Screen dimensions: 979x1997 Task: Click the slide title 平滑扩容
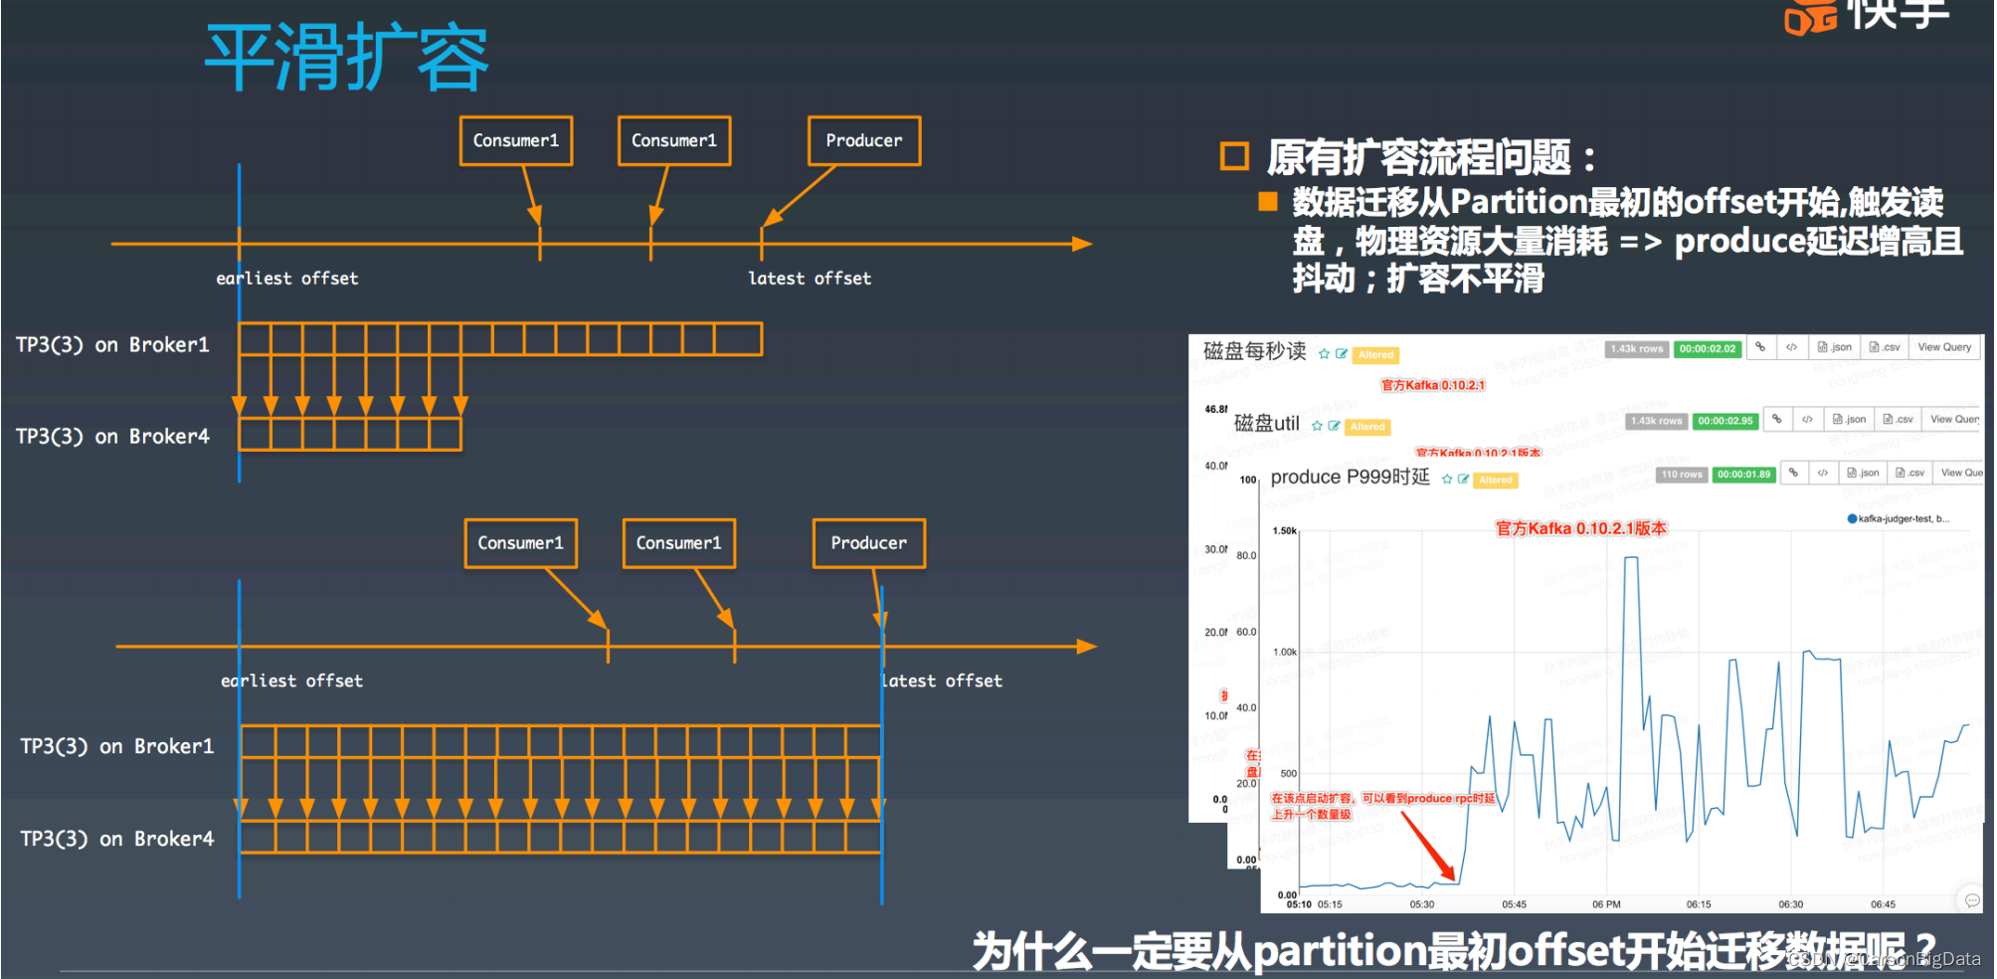tap(346, 58)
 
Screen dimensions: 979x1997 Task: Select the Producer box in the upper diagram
tap(863, 141)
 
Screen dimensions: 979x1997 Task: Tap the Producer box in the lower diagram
tap(868, 543)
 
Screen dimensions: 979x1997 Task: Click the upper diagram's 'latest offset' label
tap(810, 279)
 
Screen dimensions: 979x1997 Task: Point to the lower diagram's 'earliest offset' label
tap(291, 681)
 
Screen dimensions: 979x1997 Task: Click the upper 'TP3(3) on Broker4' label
tap(112, 436)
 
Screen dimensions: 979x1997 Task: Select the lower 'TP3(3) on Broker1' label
tap(117, 746)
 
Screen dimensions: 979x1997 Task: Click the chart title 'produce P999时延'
tap(1350, 478)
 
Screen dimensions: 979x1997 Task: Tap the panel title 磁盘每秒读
tap(1254, 351)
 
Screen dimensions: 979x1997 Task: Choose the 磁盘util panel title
tap(1266, 424)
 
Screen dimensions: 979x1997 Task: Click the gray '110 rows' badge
tap(1681, 475)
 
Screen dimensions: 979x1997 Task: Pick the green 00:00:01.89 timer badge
tap(1743, 475)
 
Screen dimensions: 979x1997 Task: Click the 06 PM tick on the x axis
tap(1606, 904)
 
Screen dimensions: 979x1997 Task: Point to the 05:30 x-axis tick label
tap(1422, 904)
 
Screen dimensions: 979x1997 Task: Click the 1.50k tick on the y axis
tap(1285, 531)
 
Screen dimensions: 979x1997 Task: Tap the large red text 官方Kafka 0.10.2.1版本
tap(1580, 528)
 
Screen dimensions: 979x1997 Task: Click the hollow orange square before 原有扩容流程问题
tap(1234, 156)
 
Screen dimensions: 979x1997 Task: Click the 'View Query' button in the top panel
tap(1943, 347)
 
